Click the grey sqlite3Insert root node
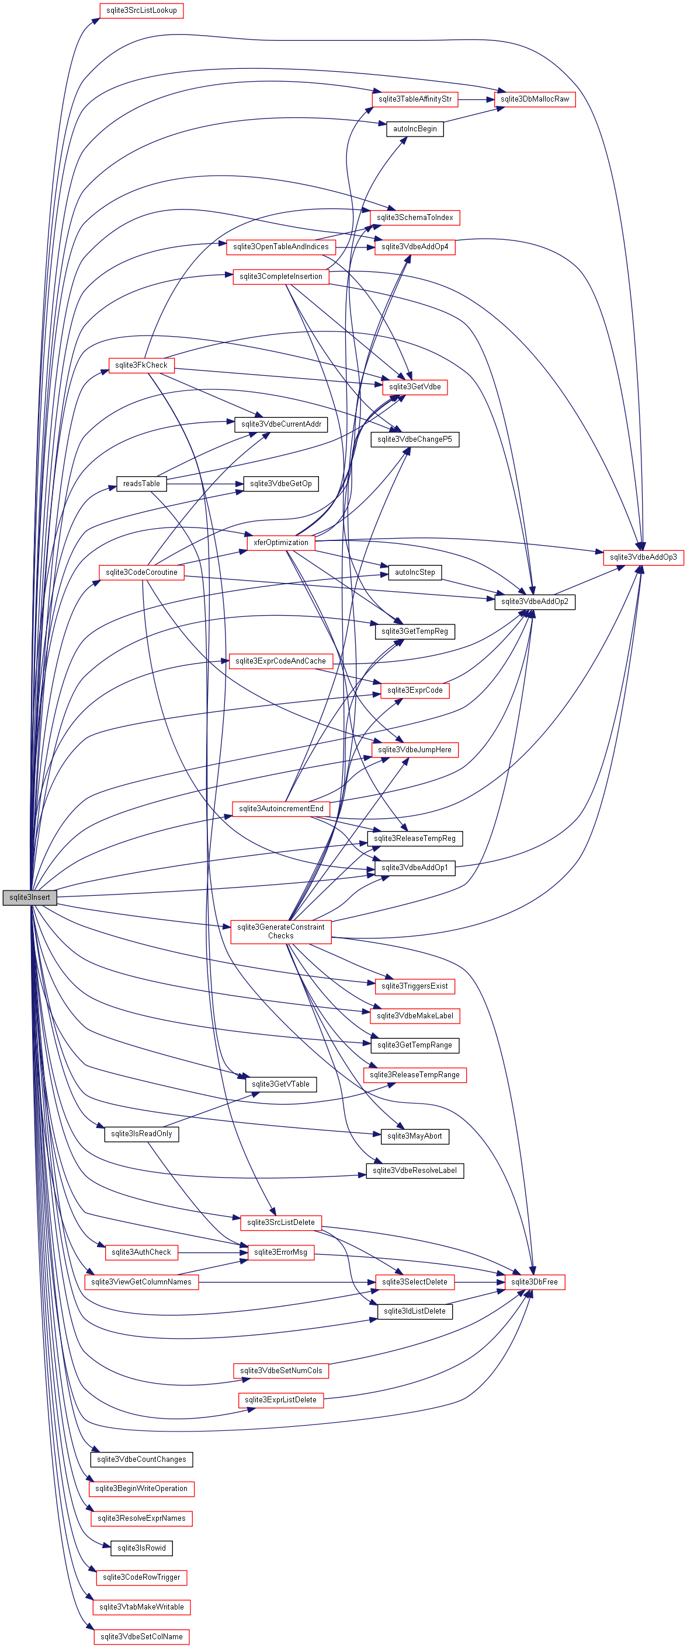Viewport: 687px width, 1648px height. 29,897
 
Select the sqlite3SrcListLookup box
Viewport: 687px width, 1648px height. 141,11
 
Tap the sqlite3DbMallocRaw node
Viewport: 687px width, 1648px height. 535,99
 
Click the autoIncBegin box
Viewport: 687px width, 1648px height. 415,128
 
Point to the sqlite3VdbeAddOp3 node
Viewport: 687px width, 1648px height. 643,557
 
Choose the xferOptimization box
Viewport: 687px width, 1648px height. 280,543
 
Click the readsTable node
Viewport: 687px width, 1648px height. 141,484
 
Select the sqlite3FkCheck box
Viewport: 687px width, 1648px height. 141,365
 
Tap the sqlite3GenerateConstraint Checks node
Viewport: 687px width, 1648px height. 280,931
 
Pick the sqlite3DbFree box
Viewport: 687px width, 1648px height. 534,1282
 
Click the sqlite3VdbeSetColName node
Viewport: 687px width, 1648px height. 141,1636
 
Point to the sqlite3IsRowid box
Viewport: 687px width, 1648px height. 141,1548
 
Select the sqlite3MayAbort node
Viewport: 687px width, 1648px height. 415,1136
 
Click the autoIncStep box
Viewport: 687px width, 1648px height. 415,572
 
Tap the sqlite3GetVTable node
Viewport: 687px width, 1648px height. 280,1084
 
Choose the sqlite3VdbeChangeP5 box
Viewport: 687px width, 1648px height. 415,439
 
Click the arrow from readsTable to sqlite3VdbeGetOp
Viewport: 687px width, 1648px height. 205,484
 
